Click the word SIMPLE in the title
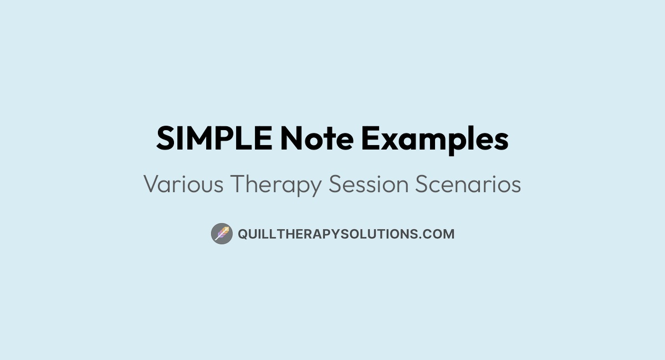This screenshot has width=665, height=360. coord(214,139)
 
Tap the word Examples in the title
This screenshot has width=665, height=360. coord(434,139)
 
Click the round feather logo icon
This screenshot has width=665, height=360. coord(222,234)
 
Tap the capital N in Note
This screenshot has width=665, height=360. coord(291,139)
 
